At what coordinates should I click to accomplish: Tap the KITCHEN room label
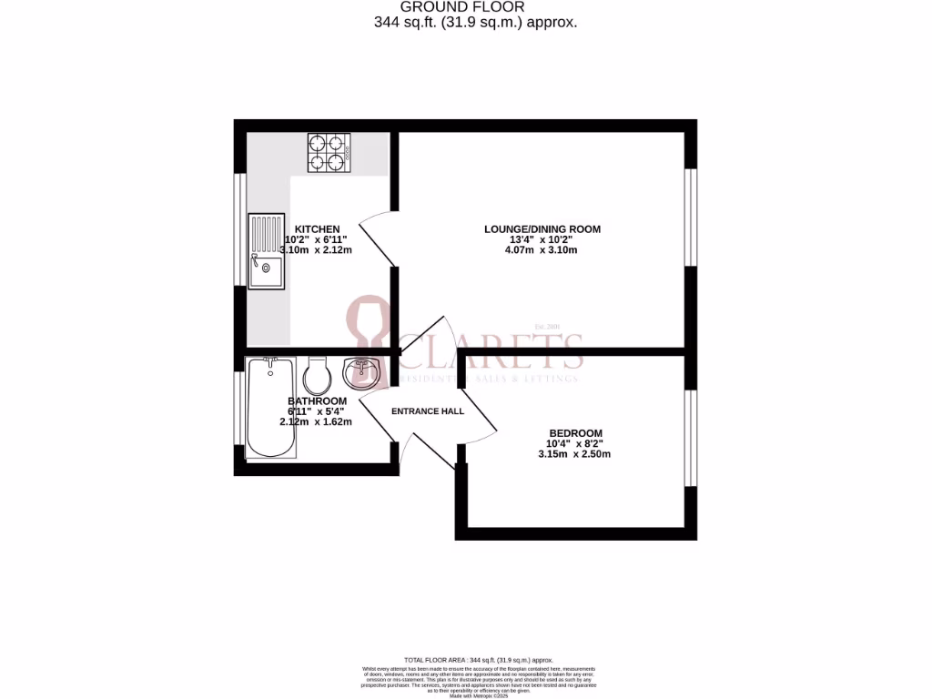(x=317, y=229)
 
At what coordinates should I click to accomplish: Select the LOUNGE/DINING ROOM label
(x=542, y=229)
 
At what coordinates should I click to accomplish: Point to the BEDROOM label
(x=575, y=433)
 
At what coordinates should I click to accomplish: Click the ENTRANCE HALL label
(x=428, y=411)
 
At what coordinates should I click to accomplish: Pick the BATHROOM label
(x=317, y=401)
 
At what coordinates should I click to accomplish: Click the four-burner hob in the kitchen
(x=330, y=152)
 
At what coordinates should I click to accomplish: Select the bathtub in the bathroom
(x=270, y=407)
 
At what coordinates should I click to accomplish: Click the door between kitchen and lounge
(x=377, y=238)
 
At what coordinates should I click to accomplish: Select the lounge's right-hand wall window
(x=689, y=218)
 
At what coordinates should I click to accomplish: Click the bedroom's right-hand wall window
(x=689, y=438)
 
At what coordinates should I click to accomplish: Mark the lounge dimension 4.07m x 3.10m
(x=543, y=250)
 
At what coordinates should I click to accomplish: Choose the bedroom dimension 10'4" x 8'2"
(x=576, y=444)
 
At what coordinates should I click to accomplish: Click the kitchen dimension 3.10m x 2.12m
(x=316, y=250)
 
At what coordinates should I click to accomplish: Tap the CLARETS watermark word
(x=491, y=349)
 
